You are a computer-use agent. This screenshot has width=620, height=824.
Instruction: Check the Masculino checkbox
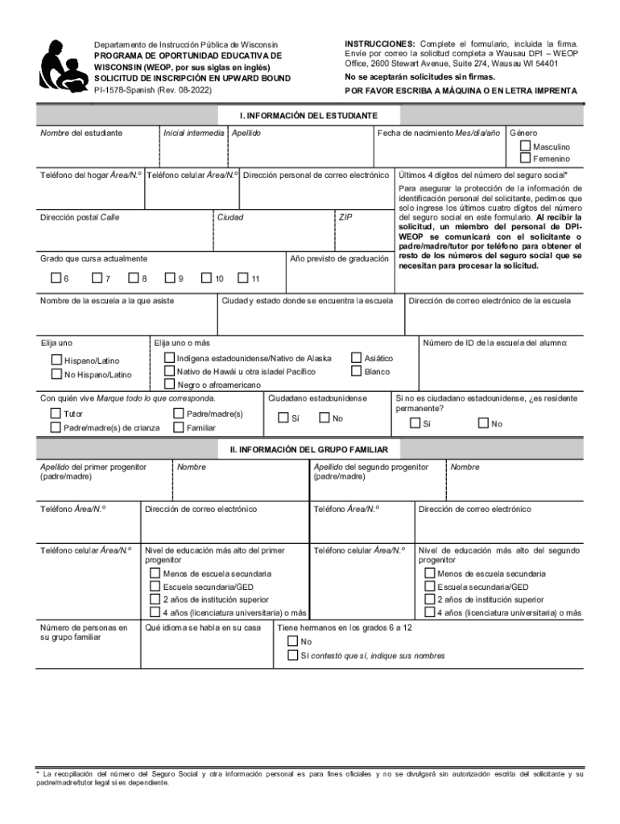pos(525,146)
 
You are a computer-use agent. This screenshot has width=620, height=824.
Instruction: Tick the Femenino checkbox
pos(525,159)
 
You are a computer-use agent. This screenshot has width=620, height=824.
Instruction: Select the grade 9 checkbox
pos(170,278)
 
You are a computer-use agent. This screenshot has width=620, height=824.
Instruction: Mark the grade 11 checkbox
pos(243,278)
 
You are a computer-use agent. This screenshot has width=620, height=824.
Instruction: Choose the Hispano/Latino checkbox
pos(56,360)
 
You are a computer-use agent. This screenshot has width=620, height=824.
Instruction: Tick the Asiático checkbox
pos(356,357)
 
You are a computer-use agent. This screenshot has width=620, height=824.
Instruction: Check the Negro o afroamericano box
pos(169,384)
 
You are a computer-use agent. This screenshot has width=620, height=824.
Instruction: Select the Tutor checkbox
pos(56,414)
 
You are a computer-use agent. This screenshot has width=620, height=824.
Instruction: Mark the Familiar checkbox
pos(178,427)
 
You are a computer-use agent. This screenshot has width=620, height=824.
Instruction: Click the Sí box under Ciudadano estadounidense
pos(283,418)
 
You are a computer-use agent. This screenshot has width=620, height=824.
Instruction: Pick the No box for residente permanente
pos(482,423)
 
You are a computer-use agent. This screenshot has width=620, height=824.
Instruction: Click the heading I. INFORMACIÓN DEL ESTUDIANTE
pos(309,116)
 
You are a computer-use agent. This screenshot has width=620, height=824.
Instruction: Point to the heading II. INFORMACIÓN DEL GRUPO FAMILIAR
pos(309,448)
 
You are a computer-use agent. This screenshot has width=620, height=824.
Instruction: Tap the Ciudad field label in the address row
pos(230,217)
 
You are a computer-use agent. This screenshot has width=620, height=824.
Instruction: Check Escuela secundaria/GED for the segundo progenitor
pos(430,587)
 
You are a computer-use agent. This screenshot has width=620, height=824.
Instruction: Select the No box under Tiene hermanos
pos(293,641)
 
